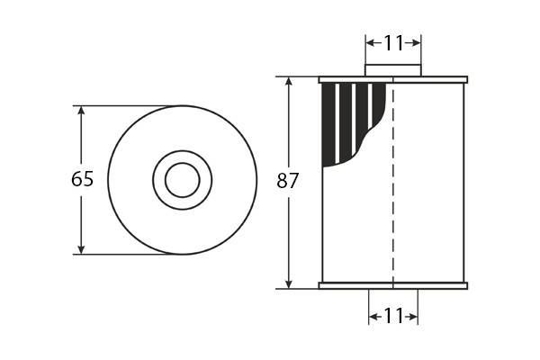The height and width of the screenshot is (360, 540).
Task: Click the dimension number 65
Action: pyautogui.click(x=82, y=179)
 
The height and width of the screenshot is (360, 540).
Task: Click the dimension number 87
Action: pyautogui.click(x=288, y=181)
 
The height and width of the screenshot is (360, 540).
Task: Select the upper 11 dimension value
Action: pyautogui.click(x=393, y=43)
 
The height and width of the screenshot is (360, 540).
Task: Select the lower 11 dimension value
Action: pyautogui.click(x=393, y=316)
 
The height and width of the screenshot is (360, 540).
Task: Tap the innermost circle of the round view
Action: pyautogui.click(x=182, y=163)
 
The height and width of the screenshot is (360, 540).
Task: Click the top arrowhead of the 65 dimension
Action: pyautogui.click(x=81, y=110)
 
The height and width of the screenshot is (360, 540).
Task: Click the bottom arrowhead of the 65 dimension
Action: pyautogui.click(x=81, y=250)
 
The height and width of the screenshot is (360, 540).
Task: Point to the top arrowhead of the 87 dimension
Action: pyautogui.click(x=289, y=81)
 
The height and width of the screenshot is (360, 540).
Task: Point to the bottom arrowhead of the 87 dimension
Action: pyautogui.click(x=289, y=283)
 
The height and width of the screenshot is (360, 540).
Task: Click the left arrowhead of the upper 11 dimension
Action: pyautogui.click(x=370, y=43)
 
